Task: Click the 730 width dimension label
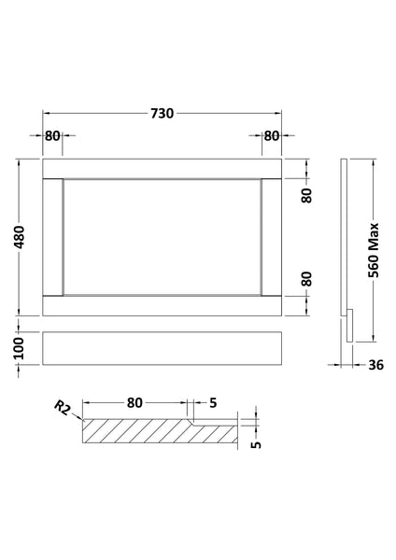coord(163,113)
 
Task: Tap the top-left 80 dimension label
coord(52,136)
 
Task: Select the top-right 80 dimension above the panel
coord(272,136)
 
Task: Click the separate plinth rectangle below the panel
coord(163,347)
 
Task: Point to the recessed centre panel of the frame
coord(163,236)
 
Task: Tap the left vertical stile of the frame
coord(51,236)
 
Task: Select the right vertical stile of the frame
coord(274,236)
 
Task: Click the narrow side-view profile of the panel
coord(345,243)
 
